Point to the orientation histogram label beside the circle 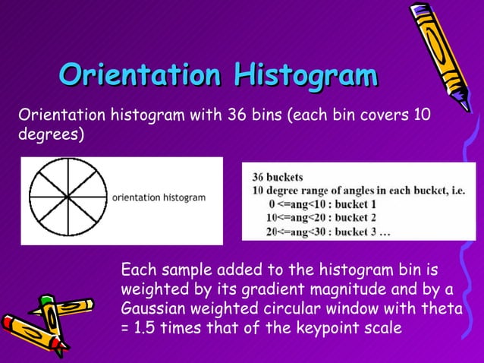(x=159, y=197)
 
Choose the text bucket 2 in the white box (x=357, y=218)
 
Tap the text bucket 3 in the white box (x=357, y=232)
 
